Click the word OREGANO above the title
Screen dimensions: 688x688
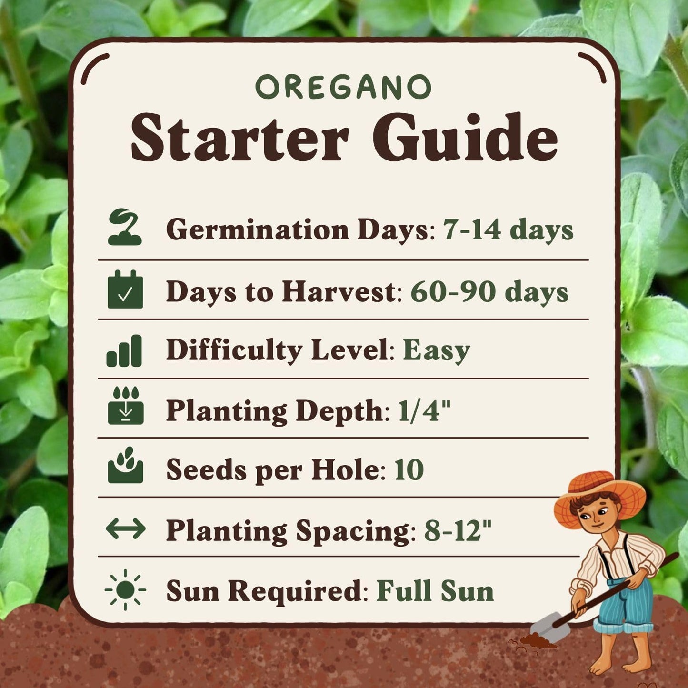coord(343,87)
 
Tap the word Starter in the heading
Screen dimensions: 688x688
coord(239,138)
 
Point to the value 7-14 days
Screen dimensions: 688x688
coord(508,230)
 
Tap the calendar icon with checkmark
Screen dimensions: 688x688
coord(125,289)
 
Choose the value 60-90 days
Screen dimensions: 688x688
coord(489,291)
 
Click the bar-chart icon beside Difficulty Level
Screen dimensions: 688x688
coord(124,351)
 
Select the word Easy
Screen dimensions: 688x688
coord(436,351)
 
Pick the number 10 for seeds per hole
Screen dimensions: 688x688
coord(409,469)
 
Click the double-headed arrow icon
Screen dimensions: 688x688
coord(125,528)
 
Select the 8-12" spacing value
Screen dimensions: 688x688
coord(457,530)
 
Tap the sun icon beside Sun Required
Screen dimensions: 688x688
coord(125,590)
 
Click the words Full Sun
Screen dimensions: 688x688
coord(435,591)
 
